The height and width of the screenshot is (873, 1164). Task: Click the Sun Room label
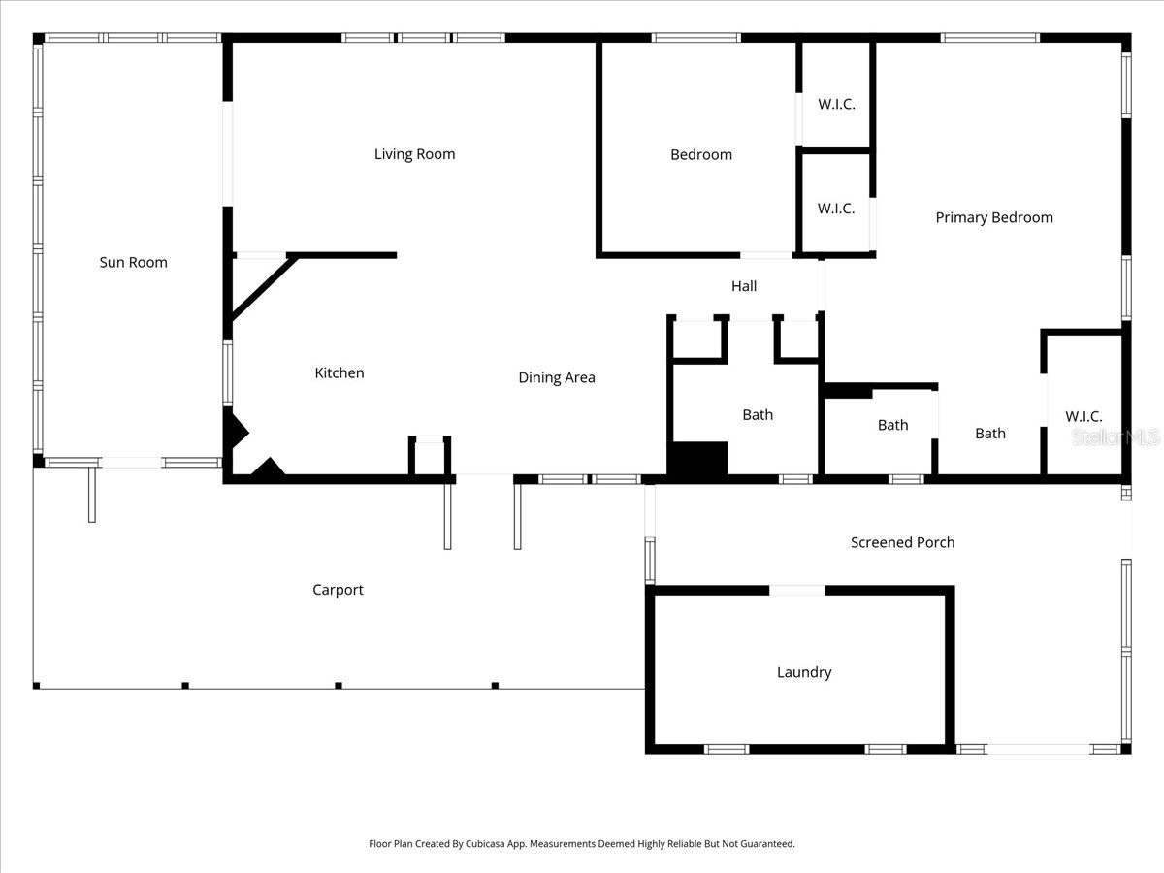pos(134,262)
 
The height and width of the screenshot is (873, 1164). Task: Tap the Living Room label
pos(414,154)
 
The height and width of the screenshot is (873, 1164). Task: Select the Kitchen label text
pos(339,372)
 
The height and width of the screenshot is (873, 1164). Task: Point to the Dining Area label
pos(557,377)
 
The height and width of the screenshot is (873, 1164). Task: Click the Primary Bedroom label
pos(993,217)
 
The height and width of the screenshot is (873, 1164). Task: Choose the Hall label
pos(744,286)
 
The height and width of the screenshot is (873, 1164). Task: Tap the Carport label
pos(338,590)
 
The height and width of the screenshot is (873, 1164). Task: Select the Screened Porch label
pos(902,542)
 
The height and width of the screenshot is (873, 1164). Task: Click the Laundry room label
pos(804,672)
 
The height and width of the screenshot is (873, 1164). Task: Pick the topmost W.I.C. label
pos(836,104)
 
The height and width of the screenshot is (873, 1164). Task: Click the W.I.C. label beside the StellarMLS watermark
pos(1083,416)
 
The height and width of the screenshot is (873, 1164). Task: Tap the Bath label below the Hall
pos(758,414)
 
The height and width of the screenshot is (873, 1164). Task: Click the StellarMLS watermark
pos(1115,437)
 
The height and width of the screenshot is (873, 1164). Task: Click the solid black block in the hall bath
pos(698,459)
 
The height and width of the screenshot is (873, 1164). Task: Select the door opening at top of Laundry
pos(797,590)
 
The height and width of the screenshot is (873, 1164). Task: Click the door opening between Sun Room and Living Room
pos(228,153)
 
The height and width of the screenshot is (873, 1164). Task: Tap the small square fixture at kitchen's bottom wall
pos(429,456)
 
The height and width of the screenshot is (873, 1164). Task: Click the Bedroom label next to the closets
pos(701,154)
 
